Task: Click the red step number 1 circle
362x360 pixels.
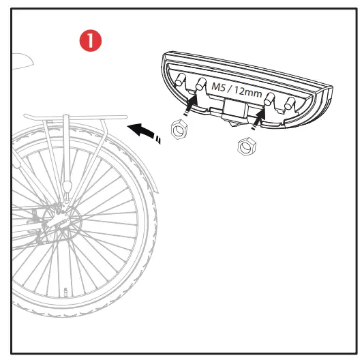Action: click(90, 41)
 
